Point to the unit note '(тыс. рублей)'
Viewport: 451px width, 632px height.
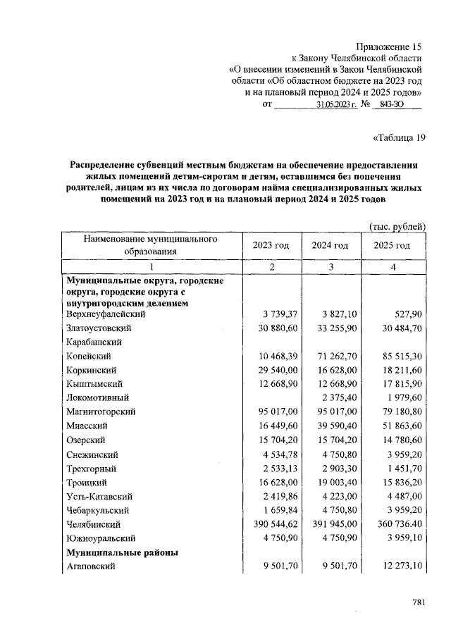pyautogui.click(x=397, y=226)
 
